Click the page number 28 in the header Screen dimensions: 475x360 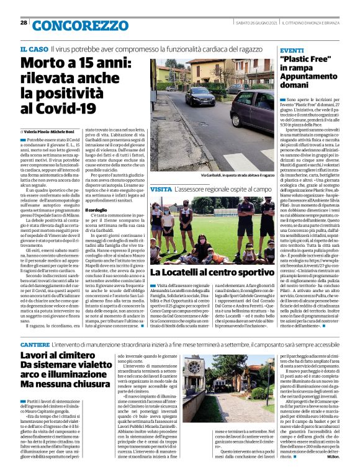pos(23,23)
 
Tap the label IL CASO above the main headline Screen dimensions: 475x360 pos(34,48)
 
